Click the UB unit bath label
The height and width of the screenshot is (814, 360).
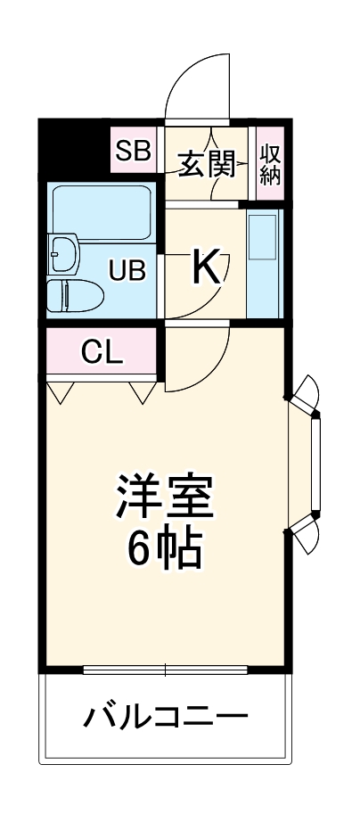(127, 269)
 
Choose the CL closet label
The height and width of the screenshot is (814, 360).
(101, 353)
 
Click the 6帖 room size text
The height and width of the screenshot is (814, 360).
(164, 550)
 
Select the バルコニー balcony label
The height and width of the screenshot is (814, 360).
(166, 716)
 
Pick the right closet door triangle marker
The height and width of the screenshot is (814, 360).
(142, 391)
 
